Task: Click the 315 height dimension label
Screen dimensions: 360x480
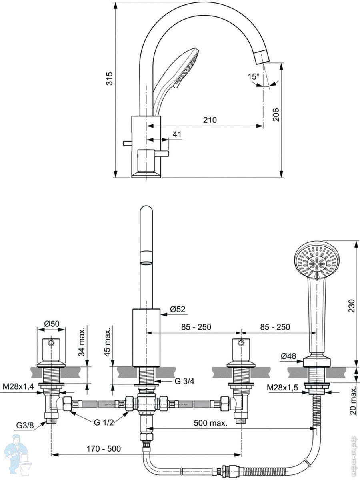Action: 110,78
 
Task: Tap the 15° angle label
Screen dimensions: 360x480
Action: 253,76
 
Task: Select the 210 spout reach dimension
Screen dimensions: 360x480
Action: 210,120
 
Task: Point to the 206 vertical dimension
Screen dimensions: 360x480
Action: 276,114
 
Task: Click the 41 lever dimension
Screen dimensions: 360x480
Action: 177,134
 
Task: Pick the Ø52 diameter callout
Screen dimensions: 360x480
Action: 178,309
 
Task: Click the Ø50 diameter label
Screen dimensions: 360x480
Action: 52,324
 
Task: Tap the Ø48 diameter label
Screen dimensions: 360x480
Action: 288,356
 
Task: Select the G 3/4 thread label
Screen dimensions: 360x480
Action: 184,381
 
